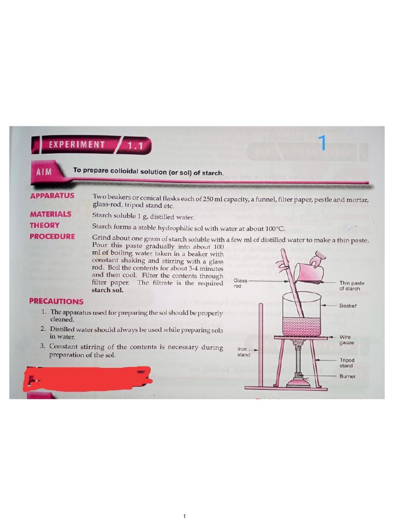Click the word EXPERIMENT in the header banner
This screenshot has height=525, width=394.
(77, 145)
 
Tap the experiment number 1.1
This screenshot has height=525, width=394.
(135, 146)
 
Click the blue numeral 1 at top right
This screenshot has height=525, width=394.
(322, 143)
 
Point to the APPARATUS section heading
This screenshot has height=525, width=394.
(52, 196)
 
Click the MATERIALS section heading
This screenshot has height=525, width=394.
(50, 214)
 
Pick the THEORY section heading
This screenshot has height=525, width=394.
(45, 225)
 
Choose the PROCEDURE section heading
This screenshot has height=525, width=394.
(52, 236)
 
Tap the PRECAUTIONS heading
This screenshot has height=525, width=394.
(56, 301)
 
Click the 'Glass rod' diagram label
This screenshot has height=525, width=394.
(241, 283)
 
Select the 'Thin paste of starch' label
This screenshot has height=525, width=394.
(352, 286)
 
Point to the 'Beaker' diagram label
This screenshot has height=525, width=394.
(348, 306)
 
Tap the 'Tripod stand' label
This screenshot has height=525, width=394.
(347, 363)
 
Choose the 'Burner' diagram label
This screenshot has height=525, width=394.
(347, 376)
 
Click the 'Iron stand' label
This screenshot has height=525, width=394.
(244, 351)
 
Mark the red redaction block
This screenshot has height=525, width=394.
(88, 379)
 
